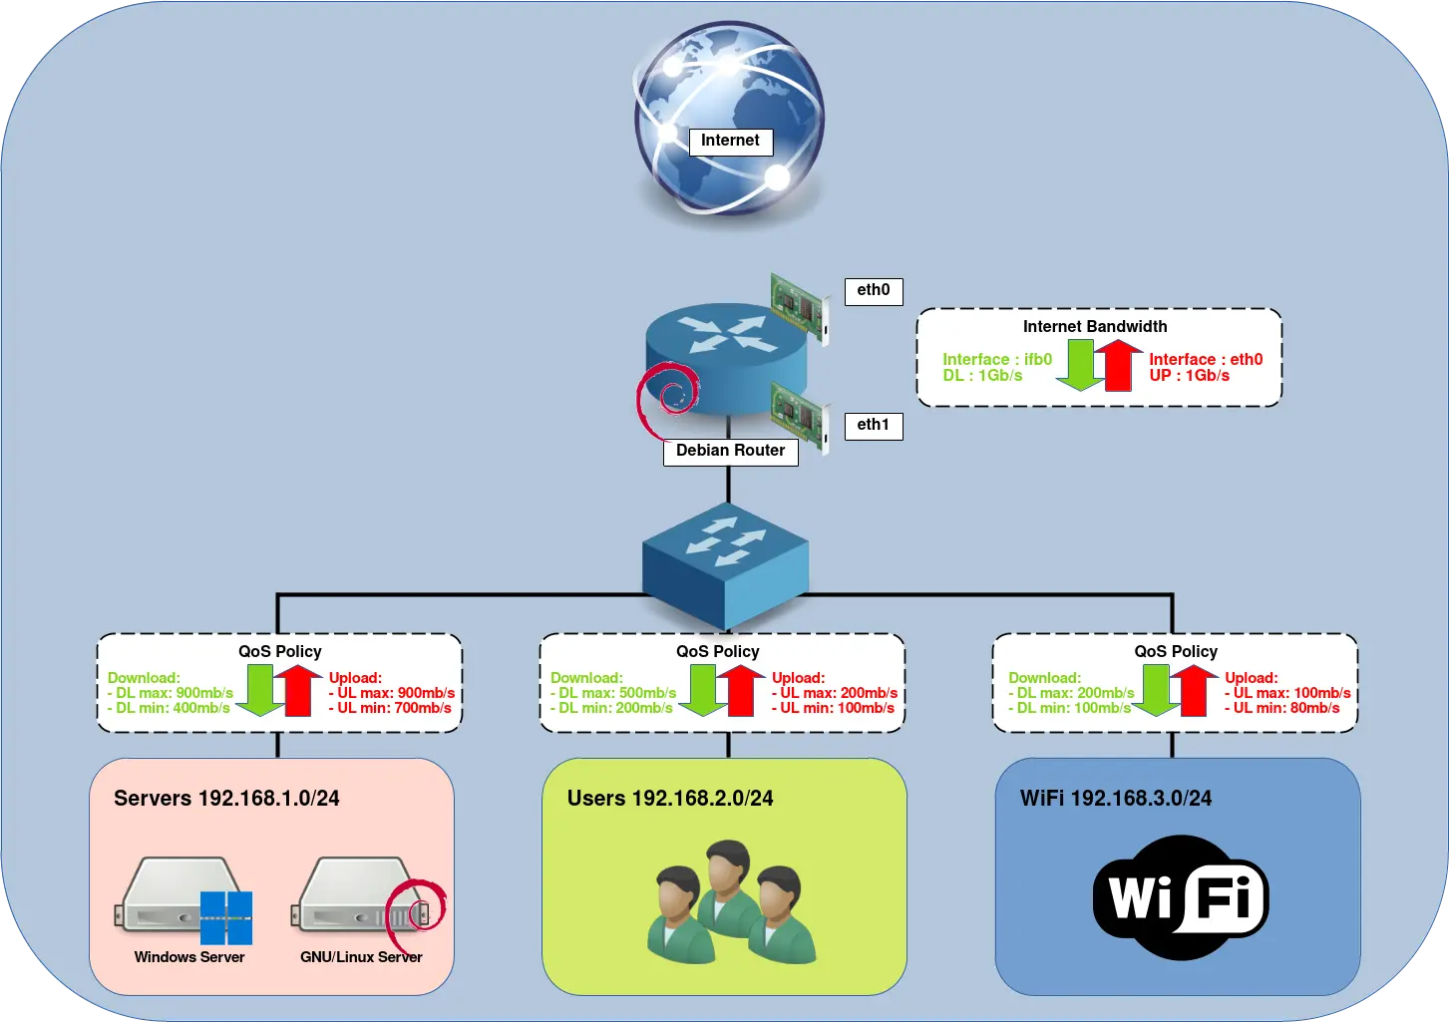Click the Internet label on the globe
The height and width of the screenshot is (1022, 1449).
pyautogui.click(x=730, y=141)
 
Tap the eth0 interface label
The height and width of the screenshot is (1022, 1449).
pyautogui.click(x=873, y=290)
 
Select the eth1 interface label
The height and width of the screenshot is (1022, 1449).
pyautogui.click(x=873, y=425)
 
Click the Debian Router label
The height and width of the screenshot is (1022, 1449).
pyautogui.click(x=730, y=451)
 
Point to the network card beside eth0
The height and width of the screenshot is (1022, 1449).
pyautogui.click(x=800, y=308)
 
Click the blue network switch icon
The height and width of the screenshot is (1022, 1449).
pyautogui.click(x=725, y=564)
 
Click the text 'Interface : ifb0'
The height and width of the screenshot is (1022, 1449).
pyautogui.click(x=997, y=359)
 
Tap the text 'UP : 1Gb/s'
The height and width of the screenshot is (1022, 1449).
pyautogui.click(x=1189, y=376)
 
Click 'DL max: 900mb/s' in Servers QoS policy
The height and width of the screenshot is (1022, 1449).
pyautogui.click(x=171, y=693)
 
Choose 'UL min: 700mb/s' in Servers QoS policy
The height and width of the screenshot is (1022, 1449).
pyautogui.click(x=391, y=708)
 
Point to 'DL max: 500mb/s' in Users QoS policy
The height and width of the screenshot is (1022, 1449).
pyautogui.click(x=613, y=693)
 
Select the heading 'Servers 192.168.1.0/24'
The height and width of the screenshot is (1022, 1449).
pyautogui.click(x=226, y=799)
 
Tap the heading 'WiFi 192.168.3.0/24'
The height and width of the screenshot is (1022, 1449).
pyautogui.click(x=1116, y=799)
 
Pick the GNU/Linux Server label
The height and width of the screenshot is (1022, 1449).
pyautogui.click(x=361, y=957)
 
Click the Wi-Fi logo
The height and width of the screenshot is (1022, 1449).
pyautogui.click(x=1180, y=898)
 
